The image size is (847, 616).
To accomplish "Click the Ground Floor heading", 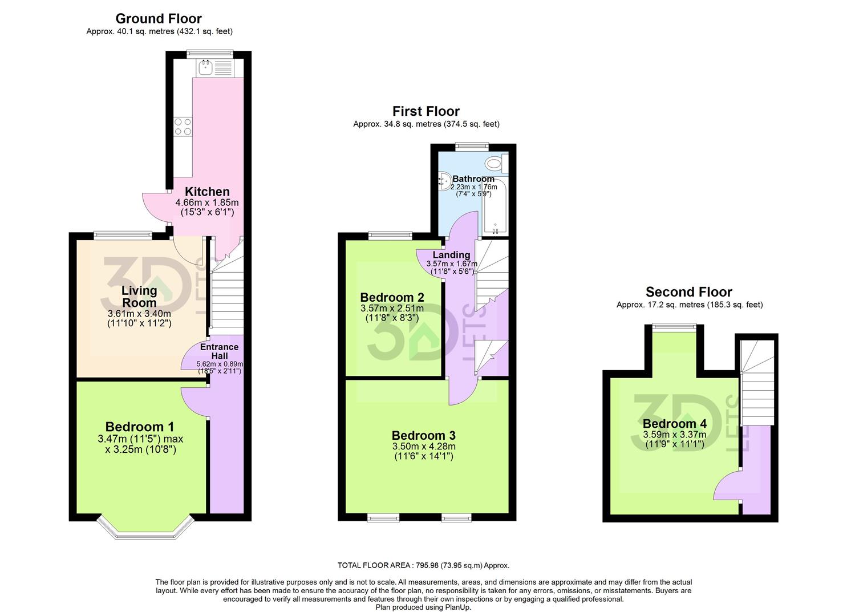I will point(159,19).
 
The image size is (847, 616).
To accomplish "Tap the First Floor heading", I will point(425,111).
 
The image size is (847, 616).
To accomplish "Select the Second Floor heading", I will point(688,292).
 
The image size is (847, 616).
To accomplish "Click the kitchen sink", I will point(205,68).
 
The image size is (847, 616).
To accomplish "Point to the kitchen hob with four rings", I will point(183,127).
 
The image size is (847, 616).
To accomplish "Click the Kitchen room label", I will point(206,192).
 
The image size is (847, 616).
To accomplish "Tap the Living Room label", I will point(139,297).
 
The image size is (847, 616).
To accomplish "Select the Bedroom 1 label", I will point(140,427).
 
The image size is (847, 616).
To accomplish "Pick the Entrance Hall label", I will point(220,351).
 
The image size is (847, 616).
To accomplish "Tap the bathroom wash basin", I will point(444,181).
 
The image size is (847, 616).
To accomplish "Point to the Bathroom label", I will point(473,179).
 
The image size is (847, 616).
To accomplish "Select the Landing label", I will point(451,255).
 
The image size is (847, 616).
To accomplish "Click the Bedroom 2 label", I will point(392,297).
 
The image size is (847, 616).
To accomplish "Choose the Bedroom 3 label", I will point(423,436).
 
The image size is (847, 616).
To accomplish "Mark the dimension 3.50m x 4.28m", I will point(423,446).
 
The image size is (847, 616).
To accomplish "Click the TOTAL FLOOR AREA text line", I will point(423,565).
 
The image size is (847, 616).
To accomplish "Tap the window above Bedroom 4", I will point(674,327).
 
